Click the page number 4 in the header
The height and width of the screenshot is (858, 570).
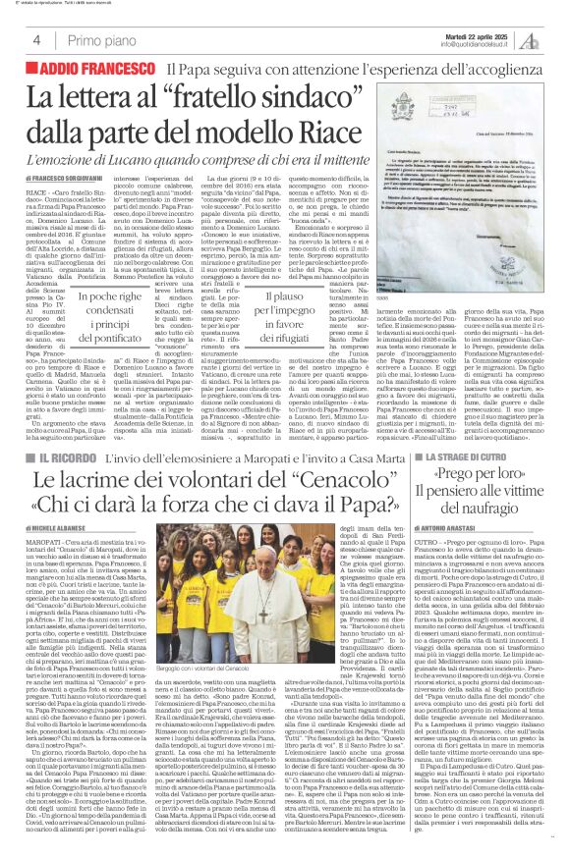[x=35, y=40]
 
